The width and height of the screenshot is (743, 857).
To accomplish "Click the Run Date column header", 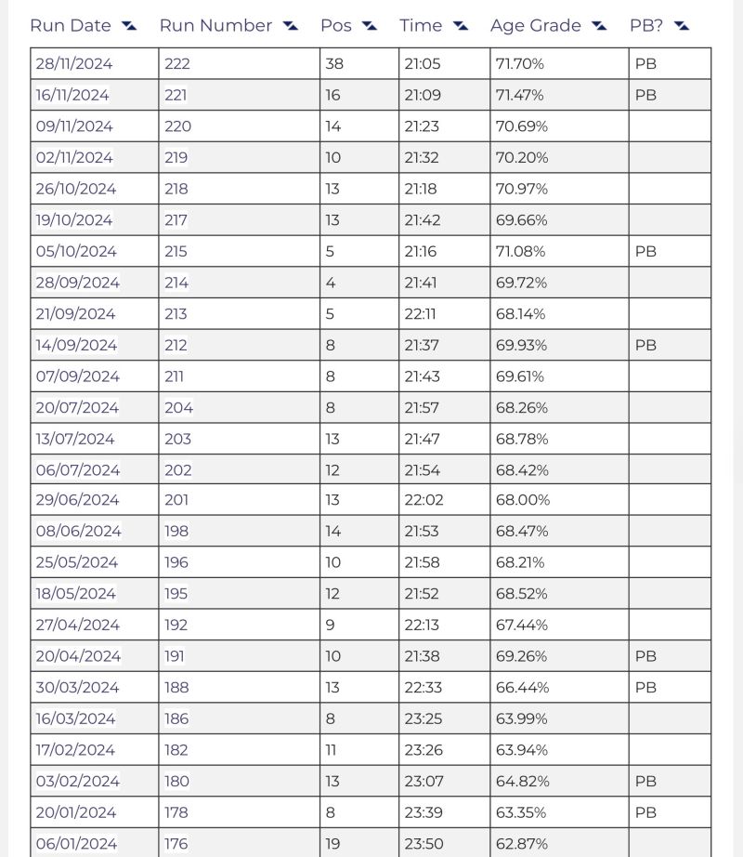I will pos(71,26).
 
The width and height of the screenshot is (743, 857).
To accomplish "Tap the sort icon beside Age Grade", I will pos(599,26).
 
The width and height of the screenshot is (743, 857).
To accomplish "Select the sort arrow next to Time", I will pos(462,26).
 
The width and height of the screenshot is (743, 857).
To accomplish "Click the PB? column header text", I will pos(646,26).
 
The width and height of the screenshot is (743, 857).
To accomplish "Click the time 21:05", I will pos(423,64).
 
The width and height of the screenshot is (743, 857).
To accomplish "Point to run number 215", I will pos(176,251).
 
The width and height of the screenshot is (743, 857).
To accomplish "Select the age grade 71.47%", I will pos(520,95).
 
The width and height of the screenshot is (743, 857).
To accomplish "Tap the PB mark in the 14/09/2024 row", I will pos(645,345).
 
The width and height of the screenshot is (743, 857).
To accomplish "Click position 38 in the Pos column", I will pos(333,64).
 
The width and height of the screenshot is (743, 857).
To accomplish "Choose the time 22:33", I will pos(424,687).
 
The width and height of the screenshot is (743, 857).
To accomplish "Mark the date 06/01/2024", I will pos(76,843).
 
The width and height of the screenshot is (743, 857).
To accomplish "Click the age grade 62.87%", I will pos(521,843).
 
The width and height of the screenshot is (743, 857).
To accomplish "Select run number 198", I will pos(176,531).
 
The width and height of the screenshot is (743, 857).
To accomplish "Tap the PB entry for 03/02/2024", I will pos(645,781).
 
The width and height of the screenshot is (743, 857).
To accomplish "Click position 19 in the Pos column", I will pos(332,843).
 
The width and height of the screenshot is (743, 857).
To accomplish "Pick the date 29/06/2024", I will pos(77,499).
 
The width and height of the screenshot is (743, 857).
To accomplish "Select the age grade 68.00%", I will pos(523,499).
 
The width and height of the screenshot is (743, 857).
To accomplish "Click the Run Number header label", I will pos(215,26).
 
